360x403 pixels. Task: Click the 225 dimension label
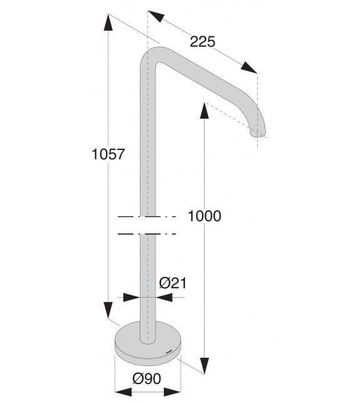click(x=203, y=42)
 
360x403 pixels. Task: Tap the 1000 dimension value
click(x=204, y=216)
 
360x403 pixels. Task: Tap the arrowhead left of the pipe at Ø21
click(x=130, y=298)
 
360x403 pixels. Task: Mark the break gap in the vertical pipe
click(x=147, y=225)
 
